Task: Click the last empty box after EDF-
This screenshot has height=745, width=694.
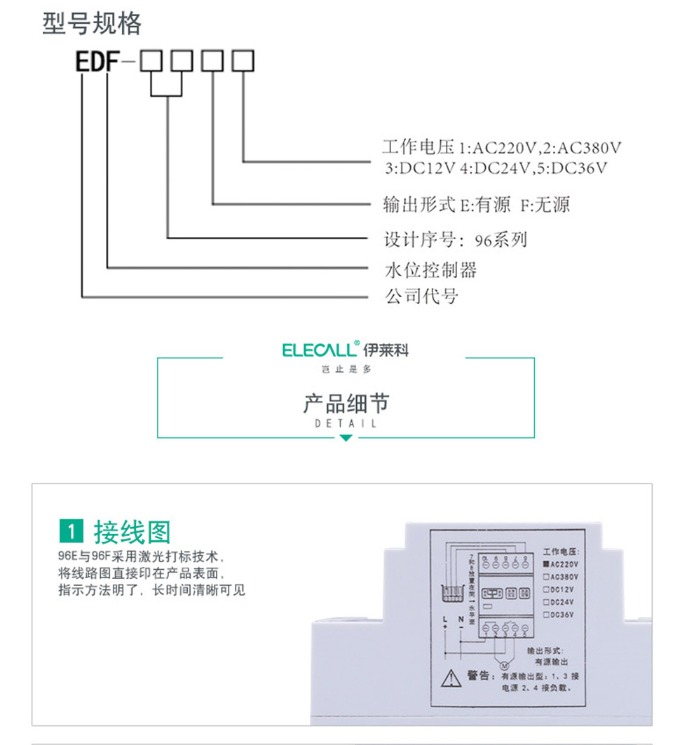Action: [243, 61]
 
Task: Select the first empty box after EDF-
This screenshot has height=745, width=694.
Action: [151, 61]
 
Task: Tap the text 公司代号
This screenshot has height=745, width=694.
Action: [422, 296]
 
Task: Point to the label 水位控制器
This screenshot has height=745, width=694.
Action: [431, 269]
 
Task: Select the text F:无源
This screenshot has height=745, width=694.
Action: [545, 205]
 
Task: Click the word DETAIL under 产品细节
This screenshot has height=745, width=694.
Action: [346, 424]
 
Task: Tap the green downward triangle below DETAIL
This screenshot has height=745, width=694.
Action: [346, 438]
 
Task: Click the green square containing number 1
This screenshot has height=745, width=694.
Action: [72, 533]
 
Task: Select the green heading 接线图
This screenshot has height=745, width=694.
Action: [132, 533]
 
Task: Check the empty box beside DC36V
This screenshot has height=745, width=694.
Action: [546, 615]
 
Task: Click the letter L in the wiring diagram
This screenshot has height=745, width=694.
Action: [444, 619]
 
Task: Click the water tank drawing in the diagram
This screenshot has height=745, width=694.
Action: [453, 594]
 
